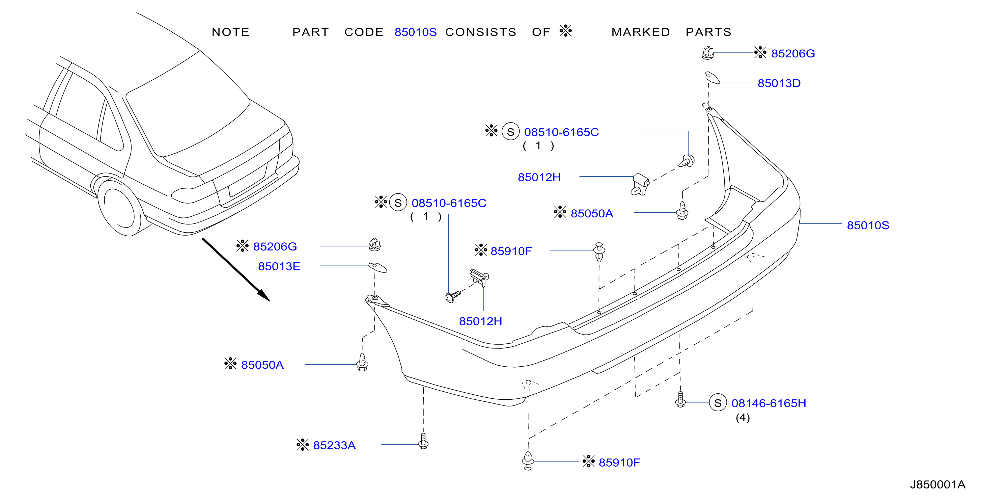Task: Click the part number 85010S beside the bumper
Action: coord(868,226)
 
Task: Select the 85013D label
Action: coord(779,83)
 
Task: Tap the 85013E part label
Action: coord(279,267)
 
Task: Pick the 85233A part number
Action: coord(334,445)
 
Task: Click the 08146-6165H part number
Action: coord(769,403)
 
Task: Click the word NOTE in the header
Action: coord(230,32)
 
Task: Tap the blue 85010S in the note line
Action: coord(416,32)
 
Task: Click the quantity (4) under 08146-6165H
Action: coord(743,418)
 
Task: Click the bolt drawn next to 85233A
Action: coord(423,441)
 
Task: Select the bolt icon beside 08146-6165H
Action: coord(680,400)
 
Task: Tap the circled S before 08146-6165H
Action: coord(718,403)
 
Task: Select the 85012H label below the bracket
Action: coord(480,322)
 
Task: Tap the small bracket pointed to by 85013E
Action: coord(378,267)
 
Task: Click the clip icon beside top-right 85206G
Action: coord(708,53)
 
